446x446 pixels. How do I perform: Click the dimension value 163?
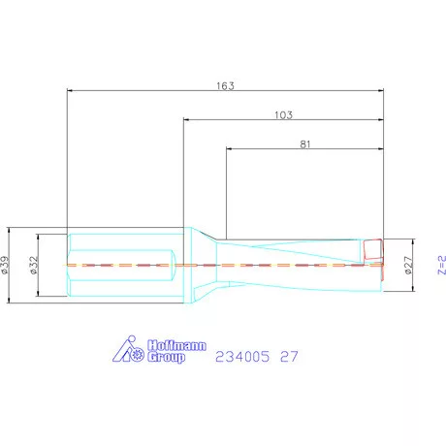pyautogui.click(x=225, y=86)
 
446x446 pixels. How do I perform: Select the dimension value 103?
pyautogui.click(x=283, y=115)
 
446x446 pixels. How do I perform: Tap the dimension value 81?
pyautogui.click(x=305, y=144)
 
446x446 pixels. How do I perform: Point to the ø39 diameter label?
pyautogui.click(x=5, y=265)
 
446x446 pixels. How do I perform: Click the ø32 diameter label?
pyautogui.click(x=34, y=265)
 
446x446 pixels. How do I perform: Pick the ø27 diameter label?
pyautogui.click(x=409, y=265)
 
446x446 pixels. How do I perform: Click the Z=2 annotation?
pyautogui.click(x=442, y=265)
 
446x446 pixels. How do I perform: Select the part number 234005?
pyautogui.click(x=242, y=357)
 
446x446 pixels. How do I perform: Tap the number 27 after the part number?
pyautogui.click(x=289, y=357)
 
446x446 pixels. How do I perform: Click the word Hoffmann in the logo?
pyautogui.click(x=176, y=345)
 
